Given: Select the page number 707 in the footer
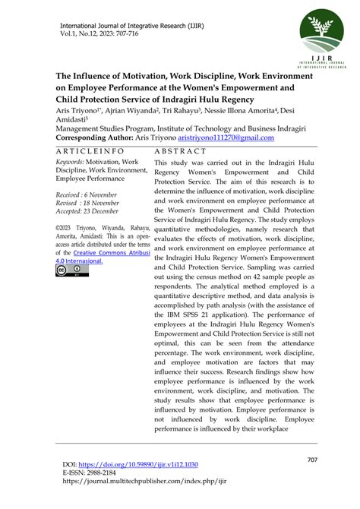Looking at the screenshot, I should coord(311,460).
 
